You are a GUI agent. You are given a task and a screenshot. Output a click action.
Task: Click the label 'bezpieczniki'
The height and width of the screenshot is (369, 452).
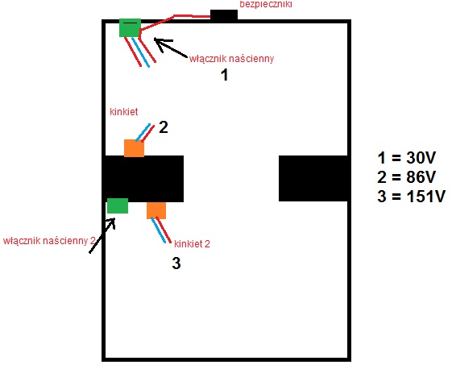[266, 4]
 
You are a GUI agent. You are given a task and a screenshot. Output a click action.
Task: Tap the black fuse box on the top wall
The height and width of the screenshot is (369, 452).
[224, 15]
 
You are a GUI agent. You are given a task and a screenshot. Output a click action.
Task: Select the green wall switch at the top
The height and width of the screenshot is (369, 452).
[131, 28]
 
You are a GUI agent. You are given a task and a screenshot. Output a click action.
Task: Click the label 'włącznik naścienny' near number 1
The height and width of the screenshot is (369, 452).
[231, 59]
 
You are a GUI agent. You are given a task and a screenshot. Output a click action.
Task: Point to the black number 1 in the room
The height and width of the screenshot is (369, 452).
[225, 75]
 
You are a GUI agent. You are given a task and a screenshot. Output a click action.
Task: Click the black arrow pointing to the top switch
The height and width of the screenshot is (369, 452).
[171, 48]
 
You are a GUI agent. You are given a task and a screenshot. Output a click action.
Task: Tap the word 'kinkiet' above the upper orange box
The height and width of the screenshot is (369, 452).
[124, 111]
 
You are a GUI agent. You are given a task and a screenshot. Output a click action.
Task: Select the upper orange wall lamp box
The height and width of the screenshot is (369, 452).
[134, 148]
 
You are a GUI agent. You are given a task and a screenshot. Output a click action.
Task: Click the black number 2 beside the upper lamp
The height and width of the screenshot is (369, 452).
[164, 127]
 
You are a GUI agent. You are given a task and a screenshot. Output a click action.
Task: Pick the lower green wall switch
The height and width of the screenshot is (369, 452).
[118, 205]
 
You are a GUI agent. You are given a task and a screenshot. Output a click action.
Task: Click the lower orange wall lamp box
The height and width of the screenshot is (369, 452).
[156, 210]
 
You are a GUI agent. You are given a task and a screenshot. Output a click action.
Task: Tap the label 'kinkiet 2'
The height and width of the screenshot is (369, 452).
[192, 244]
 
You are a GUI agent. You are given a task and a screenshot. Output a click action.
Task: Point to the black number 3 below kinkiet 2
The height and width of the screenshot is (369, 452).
[176, 263]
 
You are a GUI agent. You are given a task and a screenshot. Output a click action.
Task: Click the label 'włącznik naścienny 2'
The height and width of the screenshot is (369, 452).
[49, 241]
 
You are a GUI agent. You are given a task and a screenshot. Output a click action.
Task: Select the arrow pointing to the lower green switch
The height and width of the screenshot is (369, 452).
[102, 235]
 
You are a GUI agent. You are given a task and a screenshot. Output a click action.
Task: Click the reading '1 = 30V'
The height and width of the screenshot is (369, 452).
[406, 158]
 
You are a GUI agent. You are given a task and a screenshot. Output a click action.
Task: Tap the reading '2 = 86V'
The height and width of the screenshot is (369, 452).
[406, 177]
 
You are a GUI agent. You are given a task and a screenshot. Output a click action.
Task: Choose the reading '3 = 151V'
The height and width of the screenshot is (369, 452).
[412, 197]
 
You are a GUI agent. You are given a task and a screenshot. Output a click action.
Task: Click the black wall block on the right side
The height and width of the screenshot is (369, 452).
[313, 178]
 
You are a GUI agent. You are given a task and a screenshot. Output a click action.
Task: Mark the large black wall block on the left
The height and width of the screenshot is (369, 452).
[144, 179]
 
